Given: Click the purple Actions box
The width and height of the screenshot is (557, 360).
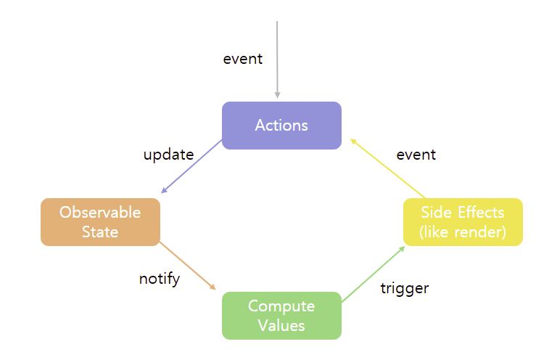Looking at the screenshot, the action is coord(281,126).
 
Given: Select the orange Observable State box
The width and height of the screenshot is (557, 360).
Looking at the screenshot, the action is coord(101,222).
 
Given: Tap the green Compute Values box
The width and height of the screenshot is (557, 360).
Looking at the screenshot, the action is coord(281,316).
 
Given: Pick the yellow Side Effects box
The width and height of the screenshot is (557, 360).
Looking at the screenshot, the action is coord(463,222).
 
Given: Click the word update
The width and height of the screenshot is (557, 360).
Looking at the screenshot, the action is coord(169,155).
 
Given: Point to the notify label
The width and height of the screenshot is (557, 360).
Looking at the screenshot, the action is coord(160,279).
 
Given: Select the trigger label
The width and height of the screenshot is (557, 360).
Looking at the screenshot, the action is coord(405,289).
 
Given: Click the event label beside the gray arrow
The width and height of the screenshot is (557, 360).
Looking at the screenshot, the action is coord(243,59).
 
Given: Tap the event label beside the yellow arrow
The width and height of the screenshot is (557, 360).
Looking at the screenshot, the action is coord(416,155).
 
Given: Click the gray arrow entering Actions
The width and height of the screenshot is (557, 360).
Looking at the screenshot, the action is coord(277,60).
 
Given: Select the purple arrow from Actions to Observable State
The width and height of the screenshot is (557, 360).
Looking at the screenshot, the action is coord(191,166).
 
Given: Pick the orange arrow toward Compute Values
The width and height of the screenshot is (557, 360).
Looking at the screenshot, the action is coord(188,266).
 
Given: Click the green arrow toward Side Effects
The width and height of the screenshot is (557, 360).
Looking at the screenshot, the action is coord(374,274).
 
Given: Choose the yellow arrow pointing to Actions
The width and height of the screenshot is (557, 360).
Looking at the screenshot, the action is coord(388,168).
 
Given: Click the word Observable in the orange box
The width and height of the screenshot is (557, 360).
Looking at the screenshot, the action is coord(100,213).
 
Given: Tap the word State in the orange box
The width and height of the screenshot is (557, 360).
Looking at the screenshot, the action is coord(100,232).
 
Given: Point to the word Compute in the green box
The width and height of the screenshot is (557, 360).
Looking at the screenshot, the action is coord(281,306).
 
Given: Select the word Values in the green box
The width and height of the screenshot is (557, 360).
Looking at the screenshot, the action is coord(281,326).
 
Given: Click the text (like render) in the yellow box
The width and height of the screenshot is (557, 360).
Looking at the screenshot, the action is coord(463,232).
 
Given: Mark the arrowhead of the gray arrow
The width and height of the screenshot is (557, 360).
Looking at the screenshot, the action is coord(278,95).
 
